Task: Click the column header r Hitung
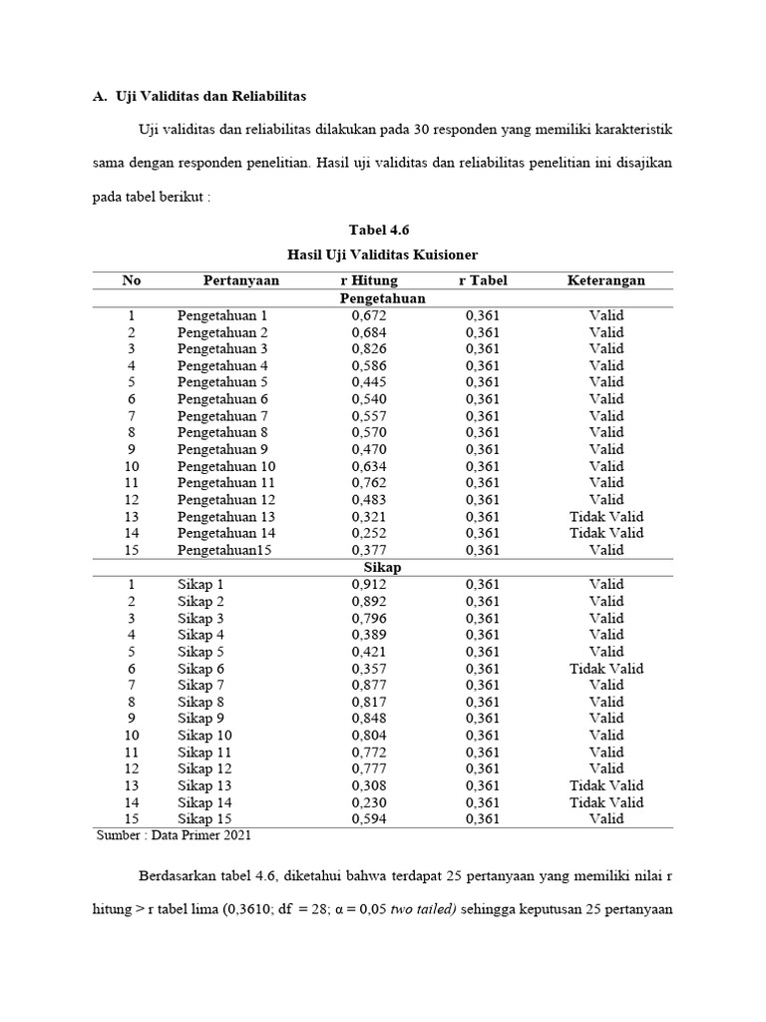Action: point(369,280)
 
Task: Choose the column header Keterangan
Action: point(606,280)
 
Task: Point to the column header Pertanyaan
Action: point(241,280)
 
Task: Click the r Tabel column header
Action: point(483,280)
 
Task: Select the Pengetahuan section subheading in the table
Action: point(382,298)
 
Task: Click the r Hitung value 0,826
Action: point(369,348)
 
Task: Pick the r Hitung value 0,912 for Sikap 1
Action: point(369,584)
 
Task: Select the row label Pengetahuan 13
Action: point(226,516)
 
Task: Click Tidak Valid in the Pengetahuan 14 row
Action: point(606,533)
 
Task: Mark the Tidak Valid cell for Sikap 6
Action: point(606,668)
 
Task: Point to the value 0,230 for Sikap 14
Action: point(369,802)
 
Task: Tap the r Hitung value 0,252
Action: point(369,533)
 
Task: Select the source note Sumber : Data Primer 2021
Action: point(183,835)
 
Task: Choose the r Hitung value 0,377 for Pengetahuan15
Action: point(369,550)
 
